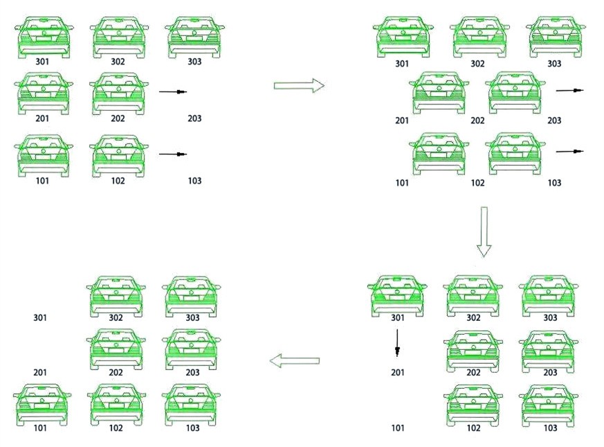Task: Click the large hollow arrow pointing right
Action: (x=299, y=85)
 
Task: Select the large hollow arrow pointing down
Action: (x=484, y=231)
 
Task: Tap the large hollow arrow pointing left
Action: (x=294, y=361)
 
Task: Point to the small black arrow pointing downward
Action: (x=397, y=342)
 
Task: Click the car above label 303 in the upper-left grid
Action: (x=194, y=37)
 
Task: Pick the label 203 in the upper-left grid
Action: (x=194, y=118)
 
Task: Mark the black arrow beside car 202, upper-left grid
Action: (x=173, y=92)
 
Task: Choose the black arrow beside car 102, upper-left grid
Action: (x=173, y=155)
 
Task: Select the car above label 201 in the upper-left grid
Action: (x=43, y=94)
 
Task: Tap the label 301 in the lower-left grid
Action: (x=40, y=317)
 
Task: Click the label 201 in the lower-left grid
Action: (x=40, y=373)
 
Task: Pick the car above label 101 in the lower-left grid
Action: (x=42, y=405)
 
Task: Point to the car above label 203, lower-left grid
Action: (x=192, y=350)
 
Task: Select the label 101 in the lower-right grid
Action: (x=398, y=428)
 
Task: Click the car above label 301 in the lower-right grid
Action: (x=397, y=296)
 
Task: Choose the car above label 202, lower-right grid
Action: (x=473, y=351)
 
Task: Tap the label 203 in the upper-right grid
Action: (x=554, y=121)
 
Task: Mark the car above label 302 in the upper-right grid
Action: (x=479, y=37)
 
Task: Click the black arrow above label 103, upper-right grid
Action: (x=570, y=151)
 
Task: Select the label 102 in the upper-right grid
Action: (x=477, y=182)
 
